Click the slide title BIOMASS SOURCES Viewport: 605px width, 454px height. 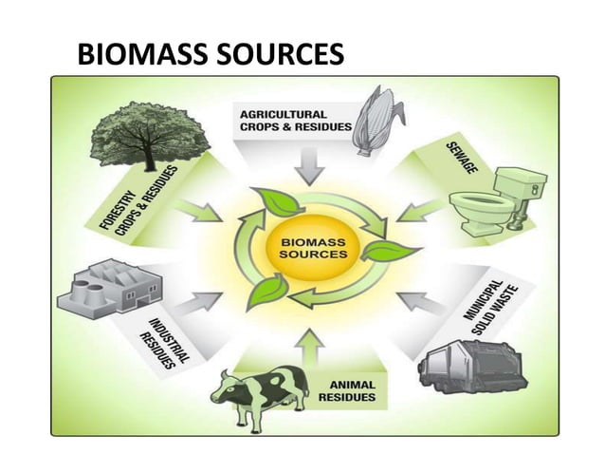coord(210,55)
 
